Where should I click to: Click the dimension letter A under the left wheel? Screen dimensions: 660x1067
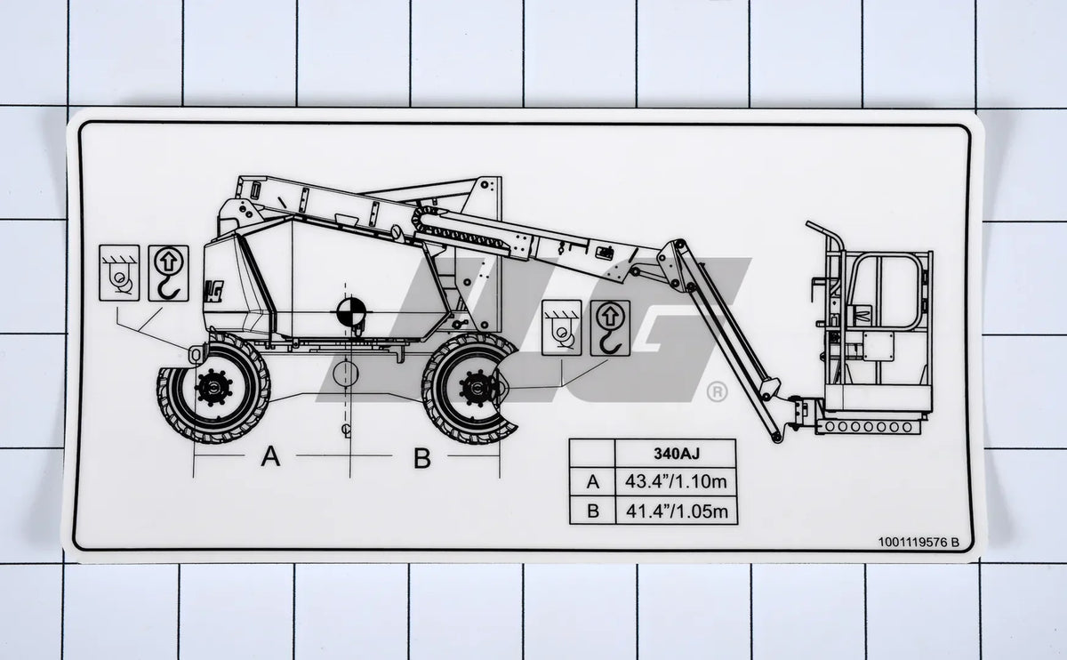pyautogui.click(x=270, y=457)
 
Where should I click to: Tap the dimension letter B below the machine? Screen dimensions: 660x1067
pyautogui.click(x=422, y=458)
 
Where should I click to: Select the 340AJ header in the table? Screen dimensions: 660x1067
pyautogui.click(x=677, y=453)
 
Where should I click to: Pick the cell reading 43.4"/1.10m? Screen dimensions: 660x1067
pyautogui.click(x=677, y=482)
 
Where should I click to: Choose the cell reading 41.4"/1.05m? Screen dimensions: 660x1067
pyautogui.click(x=677, y=511)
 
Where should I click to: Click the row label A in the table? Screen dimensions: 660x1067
pyautogui.click(x=592, y=482)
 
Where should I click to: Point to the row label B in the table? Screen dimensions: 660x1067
pyautogui.click(x=592, y=511)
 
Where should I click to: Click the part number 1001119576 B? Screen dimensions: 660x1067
pyautogui.click(x=919, y=542)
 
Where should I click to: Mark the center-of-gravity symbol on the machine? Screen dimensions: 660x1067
pyautogui.click(x=347, y=311)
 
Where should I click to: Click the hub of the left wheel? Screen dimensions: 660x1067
pyautogui.click(x=213, y=387)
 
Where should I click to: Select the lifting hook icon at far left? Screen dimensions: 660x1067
pyautogui.click(x=168, y=273)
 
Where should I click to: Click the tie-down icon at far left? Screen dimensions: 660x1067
pyautogui.click(x=119, y=273)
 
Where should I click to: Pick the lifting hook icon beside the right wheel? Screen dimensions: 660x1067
pyautogui.click(x=610, y=328)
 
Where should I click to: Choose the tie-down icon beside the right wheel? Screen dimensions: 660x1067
pyautogui.click(x=561, y=328)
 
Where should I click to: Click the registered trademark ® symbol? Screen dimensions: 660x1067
pyautogui.click(x=716, y=391)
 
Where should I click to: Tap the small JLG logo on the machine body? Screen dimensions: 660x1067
pyautogui.click(x=214, y=289)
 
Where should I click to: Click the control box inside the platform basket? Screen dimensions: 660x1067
pyautogui.click(x=878, y=345)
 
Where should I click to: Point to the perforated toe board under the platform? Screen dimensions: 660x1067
pyautogui.click(x=866, y=427)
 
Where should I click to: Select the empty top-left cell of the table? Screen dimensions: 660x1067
pyautogui.click(x=592, y=453)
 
